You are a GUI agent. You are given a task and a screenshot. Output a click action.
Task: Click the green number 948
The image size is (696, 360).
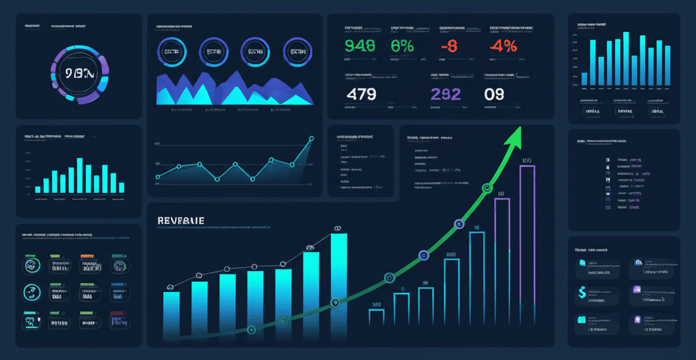(x=360, y=46)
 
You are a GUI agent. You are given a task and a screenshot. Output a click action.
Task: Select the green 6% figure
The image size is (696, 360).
(x=403, y=46)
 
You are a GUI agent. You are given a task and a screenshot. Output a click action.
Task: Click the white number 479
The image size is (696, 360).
(x=361, y=94)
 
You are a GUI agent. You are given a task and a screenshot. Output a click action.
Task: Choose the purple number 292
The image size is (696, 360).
(x=447, y=94)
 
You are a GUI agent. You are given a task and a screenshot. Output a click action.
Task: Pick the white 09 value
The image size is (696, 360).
(x=494, y=94)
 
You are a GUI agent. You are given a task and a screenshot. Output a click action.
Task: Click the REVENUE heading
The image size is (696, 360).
(x=181, y=221)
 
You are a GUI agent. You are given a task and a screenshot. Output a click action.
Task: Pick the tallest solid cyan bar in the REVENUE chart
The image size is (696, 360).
(x=339, y=284)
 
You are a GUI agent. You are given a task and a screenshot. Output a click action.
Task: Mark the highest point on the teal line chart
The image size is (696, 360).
(x=311, y=139)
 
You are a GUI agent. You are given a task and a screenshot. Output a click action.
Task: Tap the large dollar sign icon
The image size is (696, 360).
(x=581, y=293)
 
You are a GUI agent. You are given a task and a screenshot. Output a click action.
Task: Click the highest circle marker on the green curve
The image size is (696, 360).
(x=487, y=188)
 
